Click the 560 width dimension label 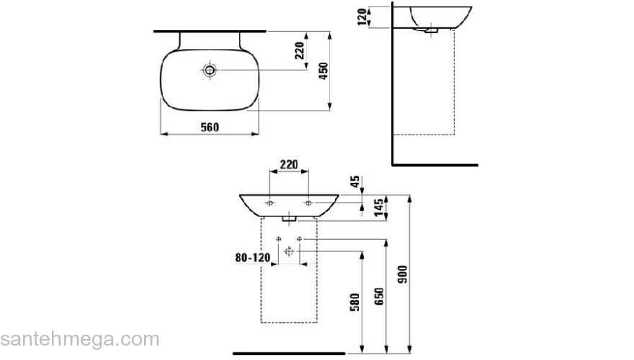pyautogui.click(x=210, y=127)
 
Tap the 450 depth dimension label pyautogui.click(x=323, y=71)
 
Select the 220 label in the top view pyautogui.click(x=300, y=50)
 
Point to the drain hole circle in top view pyautogui.click(x=210, y=71)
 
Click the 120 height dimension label pyautogui.click(x=362, y=17)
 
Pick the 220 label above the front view pyautogui.click(x=289, y=164)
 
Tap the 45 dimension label pyautogui.click(x=354, y=181)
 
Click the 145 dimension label pyautogui.click(x=379, y=207)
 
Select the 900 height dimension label pyautogui.click(x=403, y=274)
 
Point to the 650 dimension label pyautogui.click(x=379, y=296)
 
